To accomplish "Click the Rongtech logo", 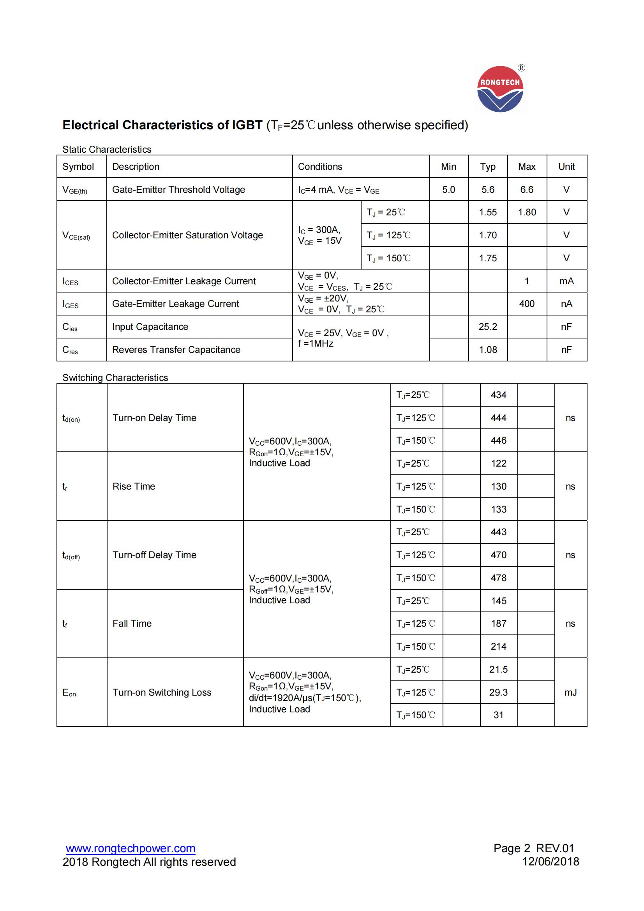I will [500, 89].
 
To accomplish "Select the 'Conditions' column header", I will [320, 167].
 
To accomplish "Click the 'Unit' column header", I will [566, 167].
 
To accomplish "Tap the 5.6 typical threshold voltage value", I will [488, 190].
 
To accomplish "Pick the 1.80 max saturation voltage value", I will [527, 212].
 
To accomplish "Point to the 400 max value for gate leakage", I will [527, 304].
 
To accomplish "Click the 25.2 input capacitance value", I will [488, 327].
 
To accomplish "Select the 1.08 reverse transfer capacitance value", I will [488, 349].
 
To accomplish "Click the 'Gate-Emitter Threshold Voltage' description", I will [178, 190].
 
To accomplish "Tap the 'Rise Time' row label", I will [134, 486].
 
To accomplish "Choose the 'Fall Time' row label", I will [132, 624].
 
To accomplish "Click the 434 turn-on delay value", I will [498, 395].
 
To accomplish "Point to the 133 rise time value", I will [498, 509].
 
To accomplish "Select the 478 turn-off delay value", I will [498, 578].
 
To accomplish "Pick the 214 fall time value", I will [498, 647].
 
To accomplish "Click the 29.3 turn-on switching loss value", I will [498, 693].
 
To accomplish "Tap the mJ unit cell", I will [570, 693].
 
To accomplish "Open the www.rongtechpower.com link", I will [131, 849].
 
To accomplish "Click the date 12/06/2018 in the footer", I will [550, 862].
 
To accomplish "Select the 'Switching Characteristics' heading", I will [115, 378].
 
